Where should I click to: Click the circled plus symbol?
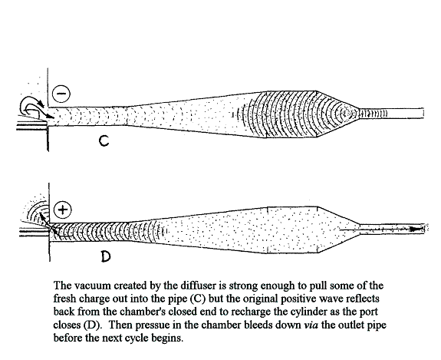(x=62, y=210)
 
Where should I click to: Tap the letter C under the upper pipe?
(x=104, y=140)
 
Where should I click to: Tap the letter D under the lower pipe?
(x=106, y=256)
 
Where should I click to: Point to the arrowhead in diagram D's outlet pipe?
(x=417, y=229)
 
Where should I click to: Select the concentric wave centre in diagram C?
(x=344, y=114)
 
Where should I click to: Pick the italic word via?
(x=311, y=325)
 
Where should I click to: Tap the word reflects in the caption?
(x=362, y=299)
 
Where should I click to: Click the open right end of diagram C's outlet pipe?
(x=423, y=113)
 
